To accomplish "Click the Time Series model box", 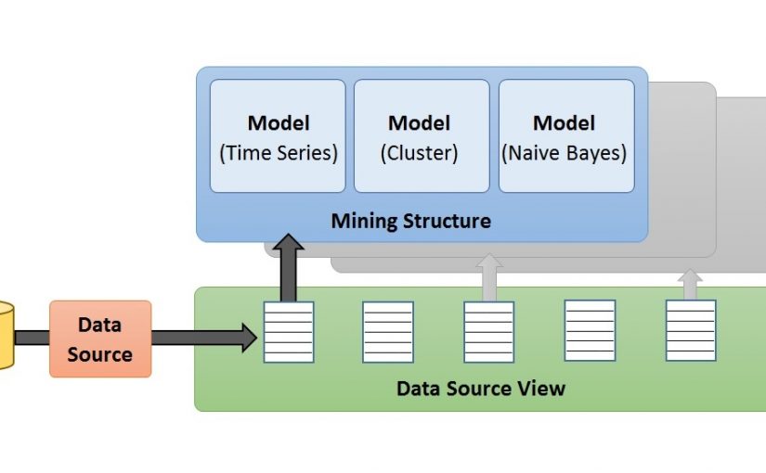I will [x=278, y=135].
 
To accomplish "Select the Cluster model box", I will [x=422, y=135].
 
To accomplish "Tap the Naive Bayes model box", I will [x=566, y=135].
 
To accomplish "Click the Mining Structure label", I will [x=411, y=222].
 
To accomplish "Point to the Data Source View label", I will [x=480, y=388].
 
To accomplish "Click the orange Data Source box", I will [x=100, y=339].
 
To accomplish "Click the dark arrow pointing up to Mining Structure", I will [x=289, y=267].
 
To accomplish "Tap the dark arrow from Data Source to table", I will [x=203, y=339].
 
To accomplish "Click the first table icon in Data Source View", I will [x=289, y=332].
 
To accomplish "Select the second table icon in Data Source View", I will [x=388, y=332].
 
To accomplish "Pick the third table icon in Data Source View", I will [x=488, y=332].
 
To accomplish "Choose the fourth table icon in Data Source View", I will [x=590, y=331].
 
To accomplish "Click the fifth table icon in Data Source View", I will [x=690, y=330].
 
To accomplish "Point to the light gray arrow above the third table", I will [x=488, y=276].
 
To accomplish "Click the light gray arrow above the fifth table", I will [x=690, y=283].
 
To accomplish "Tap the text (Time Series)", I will [x=278, y=153].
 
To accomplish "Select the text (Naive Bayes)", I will [x=565, y=153].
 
